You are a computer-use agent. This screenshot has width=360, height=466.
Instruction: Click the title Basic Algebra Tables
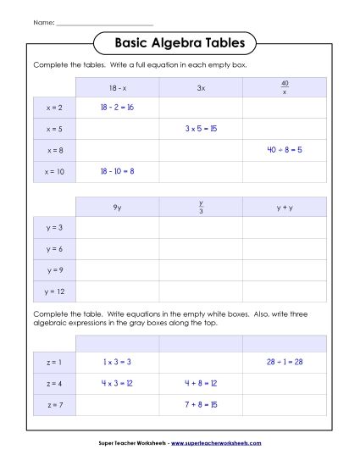click(x=180, y=42)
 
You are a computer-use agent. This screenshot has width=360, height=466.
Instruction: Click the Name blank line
click(x=104, y=21)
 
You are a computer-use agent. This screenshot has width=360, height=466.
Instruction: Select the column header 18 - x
click(x=117, y=87)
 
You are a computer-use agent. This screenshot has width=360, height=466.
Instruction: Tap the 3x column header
click(x=201, y=87)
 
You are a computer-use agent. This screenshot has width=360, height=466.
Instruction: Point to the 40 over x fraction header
click(x=284, y=87)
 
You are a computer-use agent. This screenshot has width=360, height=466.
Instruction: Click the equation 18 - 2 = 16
click(x=117, y=108)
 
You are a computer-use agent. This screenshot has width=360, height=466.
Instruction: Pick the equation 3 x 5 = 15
click(x=201, y=129)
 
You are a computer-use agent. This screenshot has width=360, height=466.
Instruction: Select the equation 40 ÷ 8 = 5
click(x=284, y=150)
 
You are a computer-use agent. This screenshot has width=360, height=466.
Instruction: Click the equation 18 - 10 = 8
click(x=117, y=171)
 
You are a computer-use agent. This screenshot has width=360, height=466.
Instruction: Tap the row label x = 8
click(x=54, y=150)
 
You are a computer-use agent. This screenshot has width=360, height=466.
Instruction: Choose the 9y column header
click(x=117, y=207)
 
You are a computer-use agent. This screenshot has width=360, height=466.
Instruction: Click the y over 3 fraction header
click(x=201, y=207)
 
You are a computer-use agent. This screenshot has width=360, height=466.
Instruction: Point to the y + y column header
click(x=284, y=207)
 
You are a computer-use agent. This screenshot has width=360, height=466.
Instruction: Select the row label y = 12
click(x=54, y=291)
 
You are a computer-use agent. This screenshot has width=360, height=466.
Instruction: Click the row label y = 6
click(x=54, y=249)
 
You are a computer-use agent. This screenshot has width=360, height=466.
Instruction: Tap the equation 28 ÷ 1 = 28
click(x=284, y=362)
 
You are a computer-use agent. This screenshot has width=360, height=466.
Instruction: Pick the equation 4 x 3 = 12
click(x=117, y=383)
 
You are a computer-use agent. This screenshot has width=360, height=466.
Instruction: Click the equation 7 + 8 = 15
click(x=201, y=404)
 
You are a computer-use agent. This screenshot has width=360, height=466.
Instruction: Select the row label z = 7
click(x=54, y=404)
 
